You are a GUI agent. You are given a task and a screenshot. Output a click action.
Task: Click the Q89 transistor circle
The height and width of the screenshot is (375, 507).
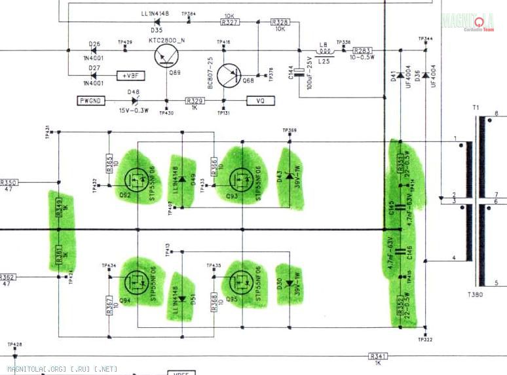[166, 58]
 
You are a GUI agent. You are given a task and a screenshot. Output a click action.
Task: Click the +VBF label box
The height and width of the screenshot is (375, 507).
[130, 76]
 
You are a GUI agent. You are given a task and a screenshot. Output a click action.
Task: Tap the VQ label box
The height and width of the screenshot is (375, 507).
[260, 100]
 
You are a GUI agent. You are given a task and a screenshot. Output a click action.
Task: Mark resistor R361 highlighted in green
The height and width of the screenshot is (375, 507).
[58, 251]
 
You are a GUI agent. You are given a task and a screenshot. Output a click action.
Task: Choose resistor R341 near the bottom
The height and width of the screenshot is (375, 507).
[378, 356]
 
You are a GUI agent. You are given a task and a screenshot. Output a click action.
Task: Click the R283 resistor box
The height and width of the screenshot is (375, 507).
[362, 50]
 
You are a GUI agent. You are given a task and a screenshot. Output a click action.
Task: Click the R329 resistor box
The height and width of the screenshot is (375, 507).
[195, 100]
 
